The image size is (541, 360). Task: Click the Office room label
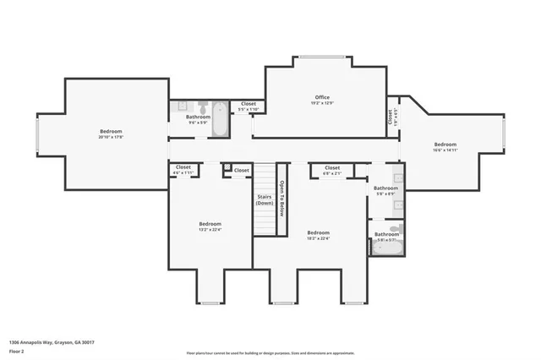point(322,97)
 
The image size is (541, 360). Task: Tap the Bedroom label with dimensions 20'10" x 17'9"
point(111,131)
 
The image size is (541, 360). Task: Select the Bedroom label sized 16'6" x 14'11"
point(445,144)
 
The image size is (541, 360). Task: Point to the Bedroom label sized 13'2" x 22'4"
point(210,223)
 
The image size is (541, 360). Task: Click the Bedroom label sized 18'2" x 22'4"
point(318,232)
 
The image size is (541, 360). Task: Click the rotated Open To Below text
point(282,199)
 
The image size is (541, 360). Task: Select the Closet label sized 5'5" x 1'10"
point(249,104)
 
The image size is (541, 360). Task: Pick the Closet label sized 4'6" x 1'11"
point(183,167)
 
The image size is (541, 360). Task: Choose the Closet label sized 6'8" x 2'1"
point(332,167)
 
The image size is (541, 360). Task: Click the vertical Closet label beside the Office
point(391,117)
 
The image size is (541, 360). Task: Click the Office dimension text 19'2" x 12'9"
point(322,104)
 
